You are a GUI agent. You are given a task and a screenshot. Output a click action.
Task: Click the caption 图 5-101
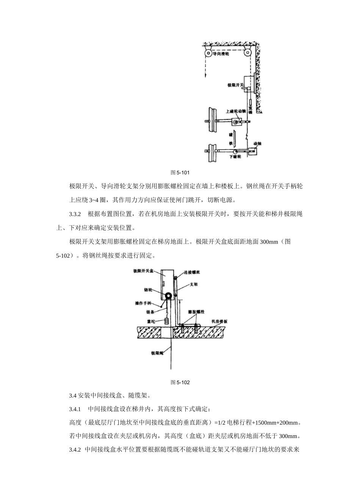pos(180,173)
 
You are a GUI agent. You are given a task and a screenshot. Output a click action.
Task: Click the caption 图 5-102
pos(180,382)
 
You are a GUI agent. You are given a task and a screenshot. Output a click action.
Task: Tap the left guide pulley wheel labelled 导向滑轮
pos(208,53)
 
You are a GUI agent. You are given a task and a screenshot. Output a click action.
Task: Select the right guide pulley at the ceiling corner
pos(248,53)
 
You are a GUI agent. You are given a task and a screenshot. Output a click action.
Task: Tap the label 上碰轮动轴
pos(236,112)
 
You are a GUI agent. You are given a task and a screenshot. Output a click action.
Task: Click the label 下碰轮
pos(235,157)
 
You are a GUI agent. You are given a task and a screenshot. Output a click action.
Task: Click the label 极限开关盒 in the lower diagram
pos(143,271)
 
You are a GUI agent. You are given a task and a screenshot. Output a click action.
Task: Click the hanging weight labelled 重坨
pos(167,321)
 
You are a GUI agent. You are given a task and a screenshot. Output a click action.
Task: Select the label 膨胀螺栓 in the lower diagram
pos(196,312)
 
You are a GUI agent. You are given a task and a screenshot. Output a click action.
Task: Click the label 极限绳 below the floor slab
pos(157,353)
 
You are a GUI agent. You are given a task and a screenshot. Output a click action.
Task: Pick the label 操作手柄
pos(143,303)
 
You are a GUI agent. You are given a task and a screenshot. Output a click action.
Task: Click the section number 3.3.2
pos(75,214)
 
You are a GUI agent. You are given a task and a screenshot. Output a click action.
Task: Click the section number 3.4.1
pos(75,409)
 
